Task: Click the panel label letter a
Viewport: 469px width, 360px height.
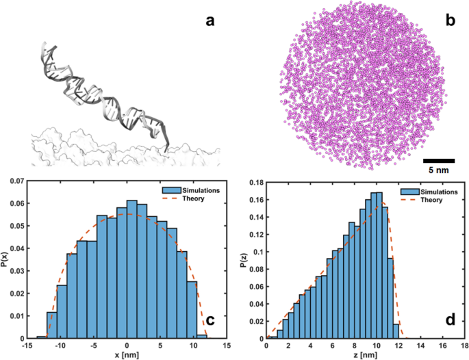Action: tap(212, 21)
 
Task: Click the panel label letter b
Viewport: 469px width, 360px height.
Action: tap(451, 21)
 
